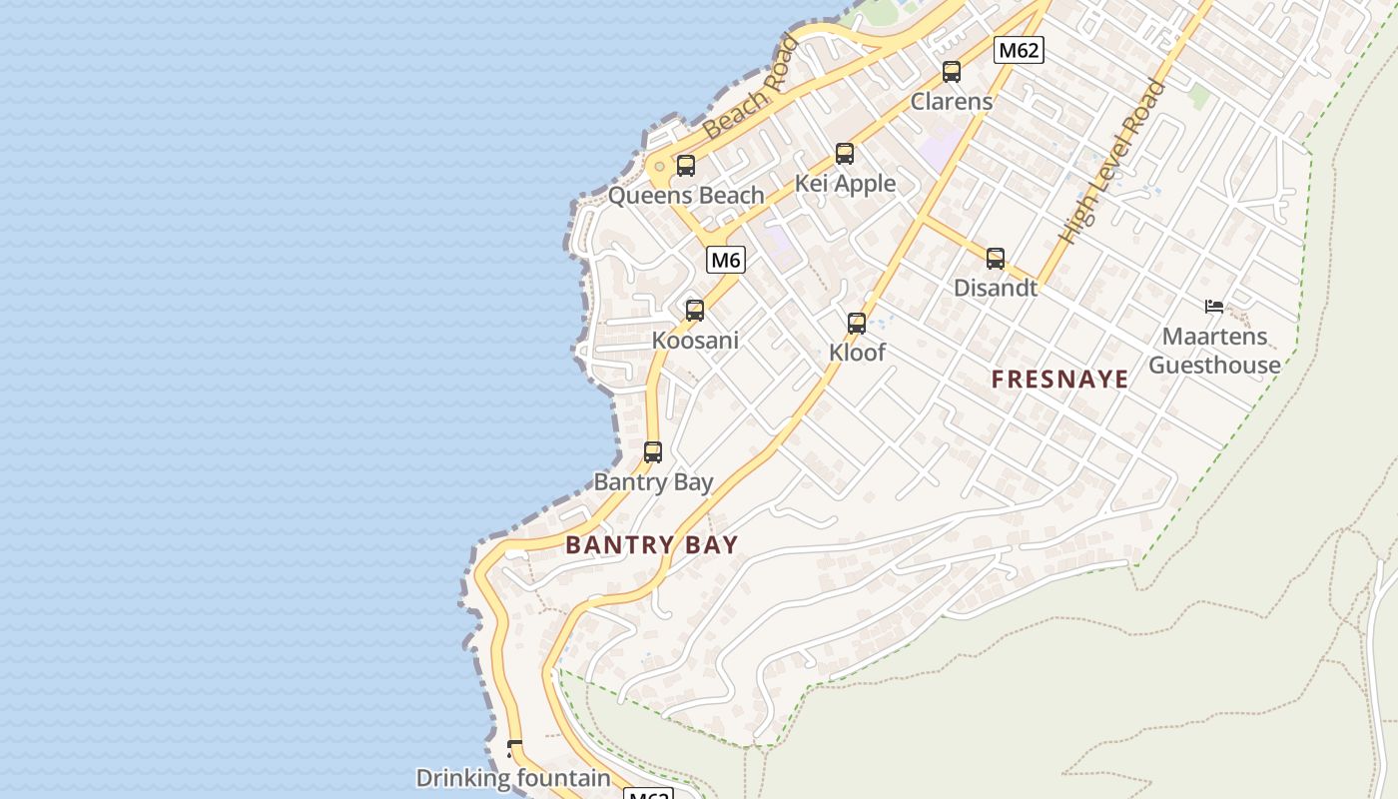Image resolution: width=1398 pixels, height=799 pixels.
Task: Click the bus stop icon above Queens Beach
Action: coord(686,166)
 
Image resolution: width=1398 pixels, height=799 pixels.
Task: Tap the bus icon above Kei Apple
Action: coord(845,154)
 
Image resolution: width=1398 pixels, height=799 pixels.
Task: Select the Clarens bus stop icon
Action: coord(952,72)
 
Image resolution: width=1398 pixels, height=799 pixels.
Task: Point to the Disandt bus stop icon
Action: coord(996,259)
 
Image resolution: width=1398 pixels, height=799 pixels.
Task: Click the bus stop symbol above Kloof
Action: coord(857,324)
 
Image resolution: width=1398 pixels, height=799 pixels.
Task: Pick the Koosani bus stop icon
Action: coord(695,311)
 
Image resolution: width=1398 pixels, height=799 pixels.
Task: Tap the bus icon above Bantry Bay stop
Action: coord(653,452)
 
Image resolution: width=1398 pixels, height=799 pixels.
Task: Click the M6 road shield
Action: coord(726,261)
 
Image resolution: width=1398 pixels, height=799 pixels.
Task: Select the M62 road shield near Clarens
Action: coord(1019,50)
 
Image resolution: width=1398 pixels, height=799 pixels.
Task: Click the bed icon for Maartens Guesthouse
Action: coord(1214,307)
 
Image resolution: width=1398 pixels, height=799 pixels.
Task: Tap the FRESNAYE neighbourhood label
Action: coord(1060,380)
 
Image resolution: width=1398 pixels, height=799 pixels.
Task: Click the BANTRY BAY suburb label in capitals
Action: coord(652,545)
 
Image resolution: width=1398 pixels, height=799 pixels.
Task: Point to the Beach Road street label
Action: coord(751,88)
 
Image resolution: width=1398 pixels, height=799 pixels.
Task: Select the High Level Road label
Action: coord(1113,162)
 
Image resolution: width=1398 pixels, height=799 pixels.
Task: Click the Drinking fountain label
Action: coord(513,778)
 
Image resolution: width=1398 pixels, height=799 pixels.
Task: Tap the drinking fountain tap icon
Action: coord(514,748)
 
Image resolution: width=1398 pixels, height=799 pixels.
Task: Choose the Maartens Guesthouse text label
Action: coord(1214,351)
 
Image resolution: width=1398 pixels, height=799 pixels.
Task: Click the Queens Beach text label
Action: coord(686,196)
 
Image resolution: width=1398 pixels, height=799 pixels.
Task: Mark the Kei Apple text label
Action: coord(845,184)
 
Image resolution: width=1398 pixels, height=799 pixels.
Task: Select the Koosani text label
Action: coord(695,341)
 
